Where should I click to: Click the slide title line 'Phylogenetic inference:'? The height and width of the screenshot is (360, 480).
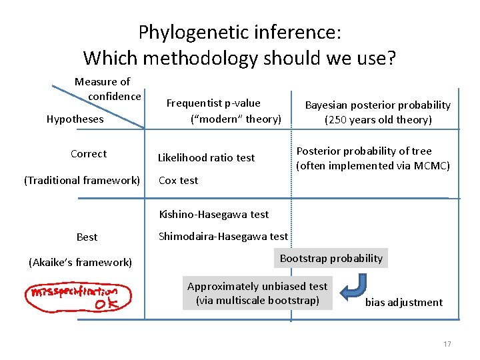[x=239, y=31]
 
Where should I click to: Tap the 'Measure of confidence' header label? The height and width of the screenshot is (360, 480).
[x=107, y=89]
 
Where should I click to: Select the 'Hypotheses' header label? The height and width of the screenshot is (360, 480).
[x=75, y=119]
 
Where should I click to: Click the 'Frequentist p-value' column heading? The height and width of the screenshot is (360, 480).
[x=213, y=103]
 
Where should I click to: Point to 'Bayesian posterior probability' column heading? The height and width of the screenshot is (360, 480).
[x=377, y=105]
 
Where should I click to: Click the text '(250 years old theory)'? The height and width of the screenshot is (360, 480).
[x=377, y=120]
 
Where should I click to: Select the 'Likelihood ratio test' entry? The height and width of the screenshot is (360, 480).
[x=206, y=158]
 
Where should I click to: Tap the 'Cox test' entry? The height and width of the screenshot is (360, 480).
[x=178, y=181]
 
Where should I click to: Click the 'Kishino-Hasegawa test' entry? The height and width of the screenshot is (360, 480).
[x=213, y=214]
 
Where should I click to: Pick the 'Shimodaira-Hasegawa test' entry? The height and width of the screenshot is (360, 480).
[x=223, y=236]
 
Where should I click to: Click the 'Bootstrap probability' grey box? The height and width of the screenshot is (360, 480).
[x=331, y=259]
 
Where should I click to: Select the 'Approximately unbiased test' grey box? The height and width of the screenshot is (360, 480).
[x=257, y=293]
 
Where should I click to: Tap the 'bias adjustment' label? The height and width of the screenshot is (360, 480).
[x=403, y=303]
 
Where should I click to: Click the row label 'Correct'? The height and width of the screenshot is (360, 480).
[x=89, y=154]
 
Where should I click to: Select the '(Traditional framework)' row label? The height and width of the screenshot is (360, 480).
[x=82, y=180]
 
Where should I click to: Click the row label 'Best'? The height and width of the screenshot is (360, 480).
[x=87, y=237]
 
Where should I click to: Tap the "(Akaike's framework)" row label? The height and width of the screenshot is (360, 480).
[x=80, y=263]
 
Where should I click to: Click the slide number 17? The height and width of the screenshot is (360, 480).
[x=447, y=344]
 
